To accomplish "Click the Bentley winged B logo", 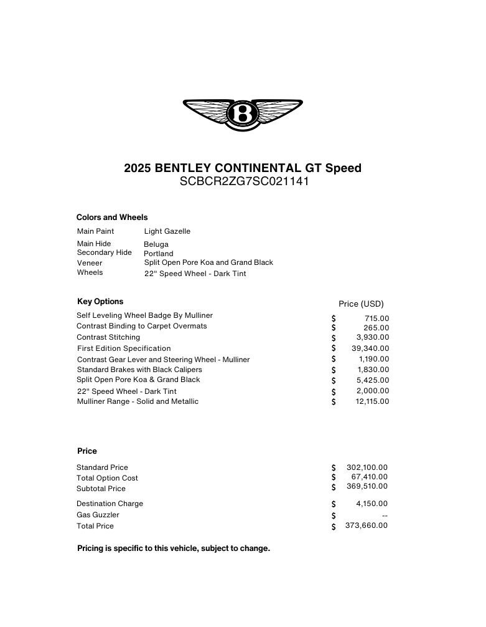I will (x=243, y=114).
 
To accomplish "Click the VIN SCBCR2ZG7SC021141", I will (x=244, y=182).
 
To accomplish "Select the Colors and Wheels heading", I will (x=112, y=218).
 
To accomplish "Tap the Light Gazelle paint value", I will (x=167, y=231).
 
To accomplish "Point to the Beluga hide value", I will (x=156, y=244).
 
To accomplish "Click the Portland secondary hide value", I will (x=159, y=254).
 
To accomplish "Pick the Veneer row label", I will (x=90, y=263).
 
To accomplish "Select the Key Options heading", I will (x=100, y=302).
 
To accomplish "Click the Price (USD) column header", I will (x=361, y=304).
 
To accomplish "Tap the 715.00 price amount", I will (x=377, y=318).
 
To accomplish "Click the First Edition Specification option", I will (x=124, y=348).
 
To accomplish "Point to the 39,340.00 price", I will (x=370, y=348).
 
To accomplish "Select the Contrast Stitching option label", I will (x=108, y=337).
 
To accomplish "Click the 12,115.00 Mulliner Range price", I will (x=372, y=401).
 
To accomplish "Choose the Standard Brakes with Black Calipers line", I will (x=139, y=370).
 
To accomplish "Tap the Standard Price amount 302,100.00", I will (x=367, y=467).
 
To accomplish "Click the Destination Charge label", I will (x=110, y=504).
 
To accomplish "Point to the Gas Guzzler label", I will (x=98, y=515).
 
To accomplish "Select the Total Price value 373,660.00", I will (x=367, y=525).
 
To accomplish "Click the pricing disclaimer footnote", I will (x=174, y=548).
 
